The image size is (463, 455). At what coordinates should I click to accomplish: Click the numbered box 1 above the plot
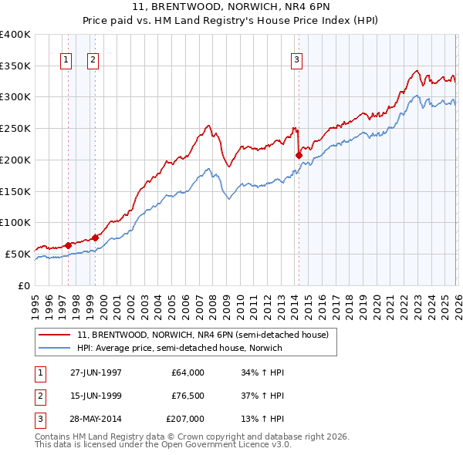tap(66, 59)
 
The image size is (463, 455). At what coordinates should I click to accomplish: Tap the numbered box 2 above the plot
tap(93, 59)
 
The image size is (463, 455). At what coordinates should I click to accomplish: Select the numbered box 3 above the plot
tap(296, 59)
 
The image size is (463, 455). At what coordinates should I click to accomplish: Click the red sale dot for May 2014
tap(298, 155)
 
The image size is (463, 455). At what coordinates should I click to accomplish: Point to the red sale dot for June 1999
tap(95, 238)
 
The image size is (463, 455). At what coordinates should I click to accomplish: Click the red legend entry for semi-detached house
tap(202, 335)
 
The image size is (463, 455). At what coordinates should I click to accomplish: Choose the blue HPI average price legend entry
tap(179, 348)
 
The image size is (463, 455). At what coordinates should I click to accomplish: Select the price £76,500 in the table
tap(186, 396)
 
